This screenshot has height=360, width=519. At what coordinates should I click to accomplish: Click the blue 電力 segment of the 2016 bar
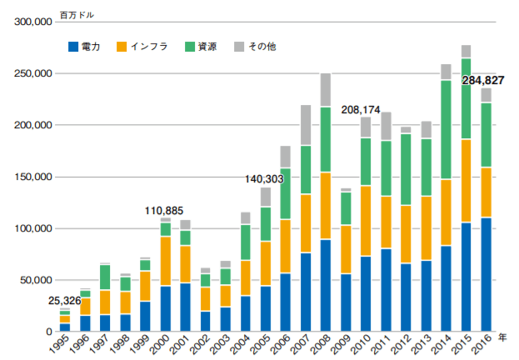486,274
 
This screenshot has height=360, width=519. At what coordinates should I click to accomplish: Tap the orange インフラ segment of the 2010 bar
366,221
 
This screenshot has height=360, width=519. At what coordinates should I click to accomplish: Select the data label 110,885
163,210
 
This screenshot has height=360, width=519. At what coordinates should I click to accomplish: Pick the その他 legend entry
257,47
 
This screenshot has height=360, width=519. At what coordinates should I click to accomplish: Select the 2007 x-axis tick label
301,345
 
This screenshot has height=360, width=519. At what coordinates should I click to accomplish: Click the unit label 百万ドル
77,12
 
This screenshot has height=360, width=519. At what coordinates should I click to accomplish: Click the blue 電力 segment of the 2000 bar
166,308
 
